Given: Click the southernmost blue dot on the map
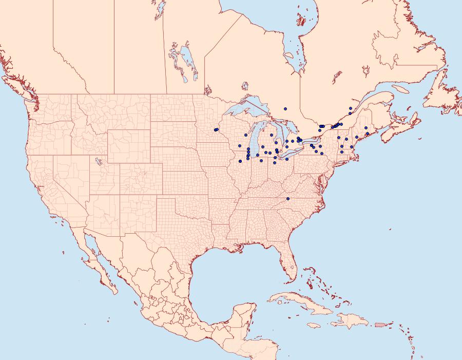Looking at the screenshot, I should tap(287, 198).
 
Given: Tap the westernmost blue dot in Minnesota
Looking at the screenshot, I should tap(216, 130).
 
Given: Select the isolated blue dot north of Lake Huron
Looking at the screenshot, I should tap(285, 108).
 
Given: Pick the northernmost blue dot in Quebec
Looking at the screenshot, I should tap(350, 108).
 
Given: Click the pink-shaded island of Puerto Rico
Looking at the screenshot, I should tap(379, 324).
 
